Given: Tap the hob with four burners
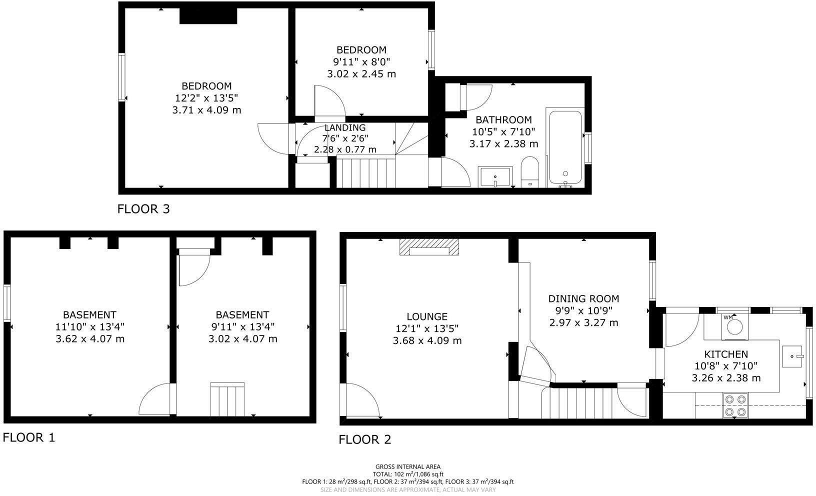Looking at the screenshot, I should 735,405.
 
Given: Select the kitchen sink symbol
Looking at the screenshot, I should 792,356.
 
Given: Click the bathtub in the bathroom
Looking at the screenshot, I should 565,147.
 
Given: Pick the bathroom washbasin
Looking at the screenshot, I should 494,176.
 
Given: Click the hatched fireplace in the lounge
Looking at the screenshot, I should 429,247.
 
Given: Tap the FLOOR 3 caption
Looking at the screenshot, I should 143,209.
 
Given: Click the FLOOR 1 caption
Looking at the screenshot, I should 29,437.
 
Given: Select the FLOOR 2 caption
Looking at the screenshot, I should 365,439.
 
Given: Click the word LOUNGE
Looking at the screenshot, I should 427,316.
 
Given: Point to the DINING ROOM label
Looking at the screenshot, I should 583,298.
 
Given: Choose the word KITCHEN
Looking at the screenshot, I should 726,354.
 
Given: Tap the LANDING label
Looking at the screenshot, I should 345,127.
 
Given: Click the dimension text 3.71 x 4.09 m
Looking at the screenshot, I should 206,109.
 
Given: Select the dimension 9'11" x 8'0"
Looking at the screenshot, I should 361,62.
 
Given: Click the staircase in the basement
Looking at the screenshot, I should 227,399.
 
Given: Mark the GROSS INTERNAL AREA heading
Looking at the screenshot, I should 408,466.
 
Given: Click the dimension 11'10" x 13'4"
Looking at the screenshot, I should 89,326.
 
